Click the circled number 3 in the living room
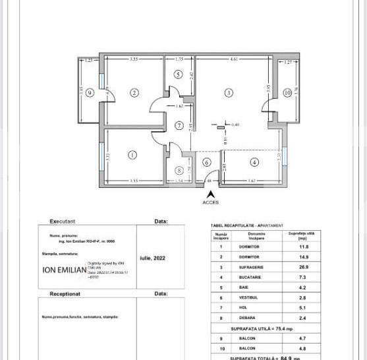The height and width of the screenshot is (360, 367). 229,93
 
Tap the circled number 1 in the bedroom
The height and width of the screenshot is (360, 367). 132,156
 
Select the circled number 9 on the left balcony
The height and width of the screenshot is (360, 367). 90,92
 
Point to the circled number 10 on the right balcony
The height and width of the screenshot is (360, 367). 287,93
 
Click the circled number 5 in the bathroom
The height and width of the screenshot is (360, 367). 178,75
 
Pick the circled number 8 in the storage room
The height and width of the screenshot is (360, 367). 179,170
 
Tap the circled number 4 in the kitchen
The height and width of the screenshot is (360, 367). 254,162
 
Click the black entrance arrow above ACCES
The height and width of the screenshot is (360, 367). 210,194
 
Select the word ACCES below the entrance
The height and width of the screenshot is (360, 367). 210,202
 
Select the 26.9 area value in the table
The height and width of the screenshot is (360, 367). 302,267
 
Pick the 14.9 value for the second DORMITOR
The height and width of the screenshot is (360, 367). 302,256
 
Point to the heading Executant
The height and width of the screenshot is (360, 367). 63,222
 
